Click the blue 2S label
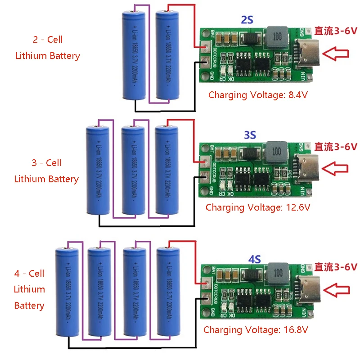(247, 20)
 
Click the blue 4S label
(254, 259)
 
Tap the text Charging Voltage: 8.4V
(257, 95)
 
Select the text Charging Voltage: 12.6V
(258, 207)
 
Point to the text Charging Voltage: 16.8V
(256, 329)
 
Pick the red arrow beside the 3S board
(336, 169)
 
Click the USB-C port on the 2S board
(306, 54)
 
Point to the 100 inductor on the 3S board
(276, 150)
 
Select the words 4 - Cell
(29, 273)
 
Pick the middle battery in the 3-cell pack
(134, 171)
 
